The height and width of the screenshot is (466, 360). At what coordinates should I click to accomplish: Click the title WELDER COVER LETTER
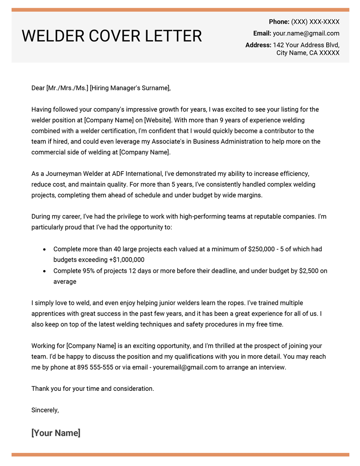112,36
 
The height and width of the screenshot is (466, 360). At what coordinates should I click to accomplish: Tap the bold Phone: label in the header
279,22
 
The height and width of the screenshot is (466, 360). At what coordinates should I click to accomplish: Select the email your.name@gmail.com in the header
306,33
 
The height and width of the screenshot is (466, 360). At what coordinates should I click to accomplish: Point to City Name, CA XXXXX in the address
308,53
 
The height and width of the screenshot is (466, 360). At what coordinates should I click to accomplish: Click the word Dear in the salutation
38,88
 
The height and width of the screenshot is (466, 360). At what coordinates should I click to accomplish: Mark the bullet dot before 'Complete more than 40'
44,249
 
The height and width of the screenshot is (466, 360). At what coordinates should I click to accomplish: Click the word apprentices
49,314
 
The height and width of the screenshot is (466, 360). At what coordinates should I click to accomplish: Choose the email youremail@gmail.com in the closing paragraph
185,367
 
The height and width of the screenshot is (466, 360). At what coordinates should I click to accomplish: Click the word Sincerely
45,410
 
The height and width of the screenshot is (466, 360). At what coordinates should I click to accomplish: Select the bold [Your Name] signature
56,433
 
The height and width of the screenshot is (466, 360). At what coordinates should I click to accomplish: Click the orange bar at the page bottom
180,455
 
